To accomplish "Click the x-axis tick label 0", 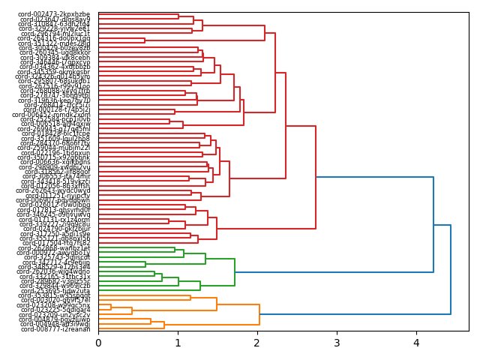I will tap(98, 343).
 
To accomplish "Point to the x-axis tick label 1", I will tap(178, 343).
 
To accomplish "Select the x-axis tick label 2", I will tap(257, 343).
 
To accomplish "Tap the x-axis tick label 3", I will tap(337, 343).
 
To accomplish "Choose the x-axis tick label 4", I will tap(416, 343).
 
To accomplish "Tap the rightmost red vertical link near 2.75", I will tap(316, 178).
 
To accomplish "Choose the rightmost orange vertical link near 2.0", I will tap(259, 314).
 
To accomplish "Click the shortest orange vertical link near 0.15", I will tap(111, 307).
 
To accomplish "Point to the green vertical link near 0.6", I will tap(145, 264).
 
